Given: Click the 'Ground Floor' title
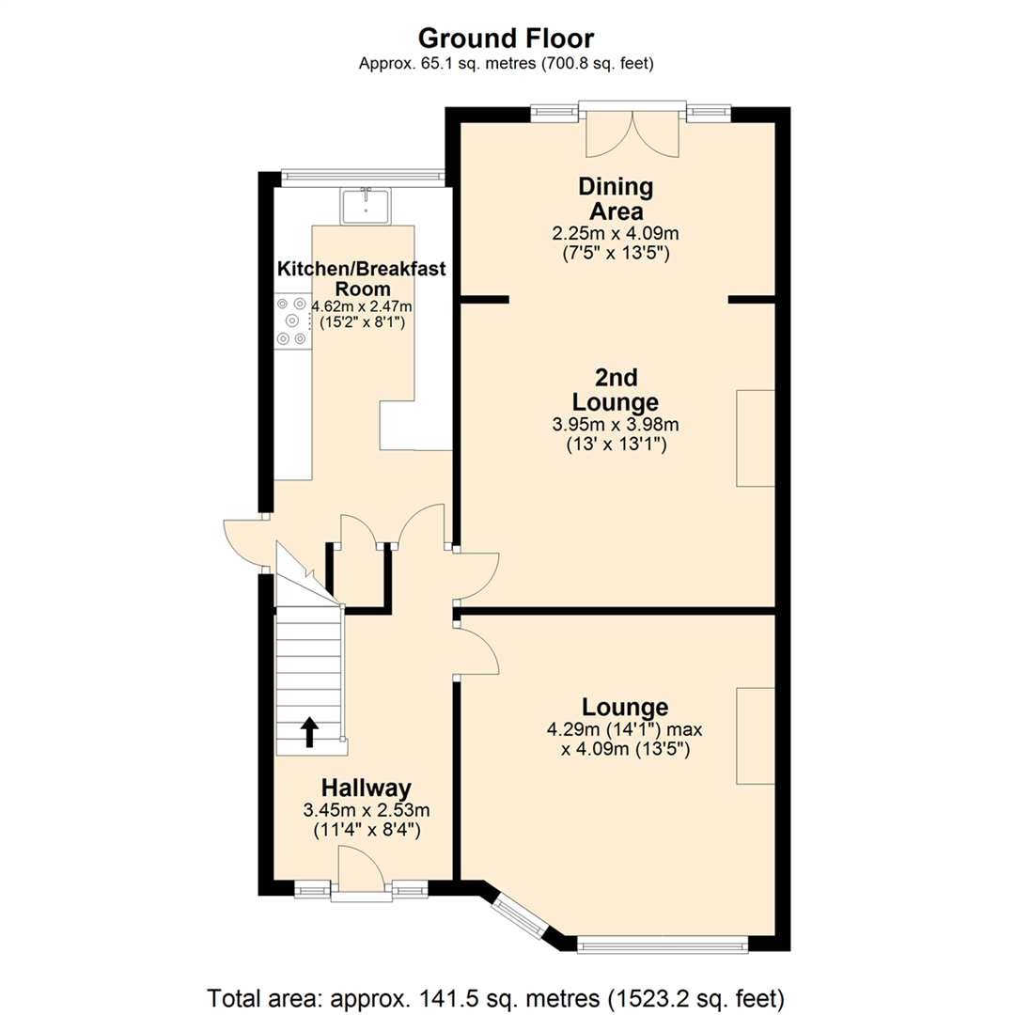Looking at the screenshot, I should [x=506, y=39].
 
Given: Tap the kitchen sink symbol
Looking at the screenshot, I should [x=367, y=206].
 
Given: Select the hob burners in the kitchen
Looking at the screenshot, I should [x=290, y=321].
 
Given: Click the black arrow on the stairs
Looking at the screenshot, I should [x=307, y=732].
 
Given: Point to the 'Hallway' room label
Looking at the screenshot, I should [x=366, y=788].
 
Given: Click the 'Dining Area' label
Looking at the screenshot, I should [x=616, y=198].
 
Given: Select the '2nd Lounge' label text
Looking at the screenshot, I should [x=616, y=390].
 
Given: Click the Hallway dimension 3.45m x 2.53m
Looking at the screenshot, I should [x=366, y=810].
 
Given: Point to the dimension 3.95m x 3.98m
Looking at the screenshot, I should [x=616, y=425].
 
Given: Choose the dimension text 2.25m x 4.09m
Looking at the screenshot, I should [x=616, y=234].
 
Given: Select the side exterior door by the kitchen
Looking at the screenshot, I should [x=242, y=543].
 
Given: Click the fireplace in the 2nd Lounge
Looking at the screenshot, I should [x=756, y=438].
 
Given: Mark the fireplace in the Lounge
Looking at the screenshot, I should [x=756, y=735].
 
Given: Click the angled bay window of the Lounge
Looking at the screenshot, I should [x=519, y=915].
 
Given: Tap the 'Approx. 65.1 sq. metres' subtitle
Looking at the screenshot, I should [x=507, y=64].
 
